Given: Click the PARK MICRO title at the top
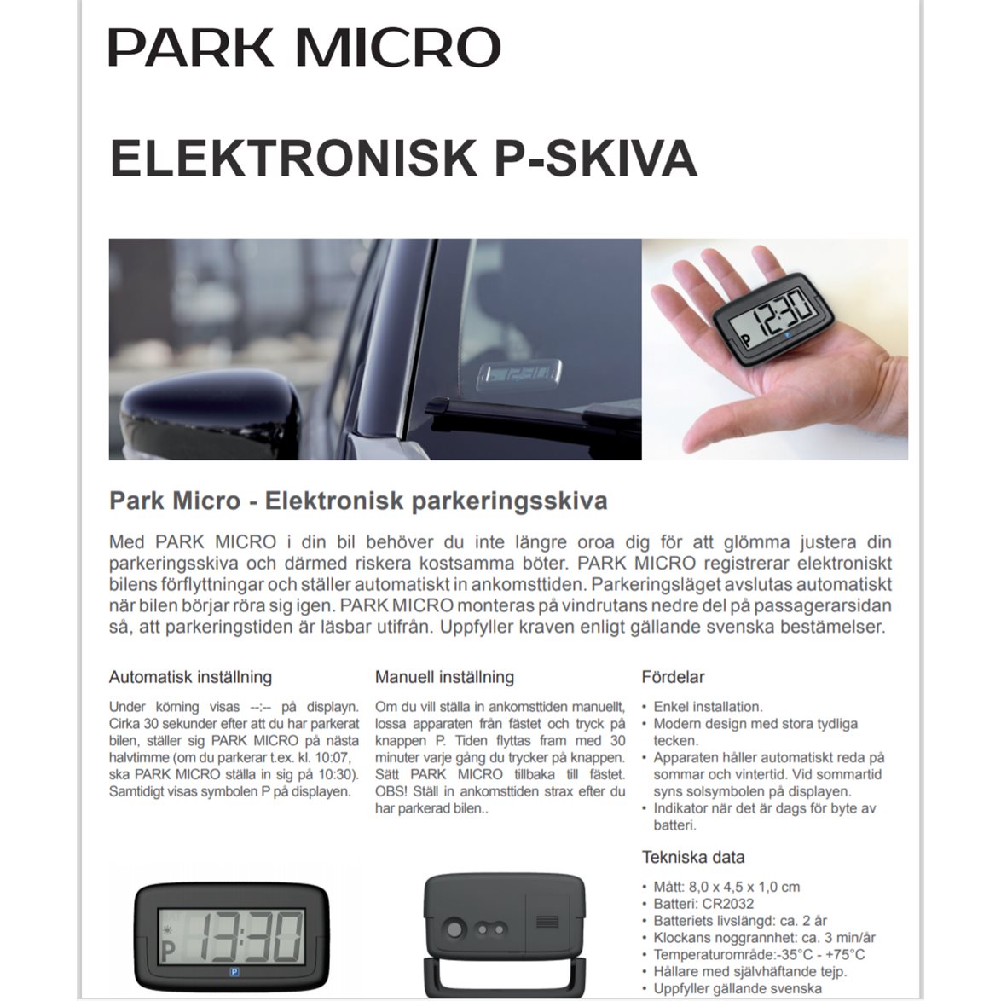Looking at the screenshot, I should click(x=304, y=47).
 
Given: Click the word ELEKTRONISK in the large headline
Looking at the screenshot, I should click(x=292, y=158).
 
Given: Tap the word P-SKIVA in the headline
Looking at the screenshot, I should click(x=595, y=158).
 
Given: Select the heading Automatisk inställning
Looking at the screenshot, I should click(x=190, y=677).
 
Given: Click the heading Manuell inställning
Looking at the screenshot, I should click(x=444, y=677).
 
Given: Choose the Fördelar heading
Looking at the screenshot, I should click(x=673, y=677).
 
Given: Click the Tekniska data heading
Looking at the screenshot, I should click(x=692, y=857).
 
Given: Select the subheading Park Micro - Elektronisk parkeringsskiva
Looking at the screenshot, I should click(x=358, y=501).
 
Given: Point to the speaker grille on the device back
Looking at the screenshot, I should click(x=547, y=922).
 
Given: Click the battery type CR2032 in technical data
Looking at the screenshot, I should click(x=728, y=904).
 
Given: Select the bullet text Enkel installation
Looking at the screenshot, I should click(x=708, y=707).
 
